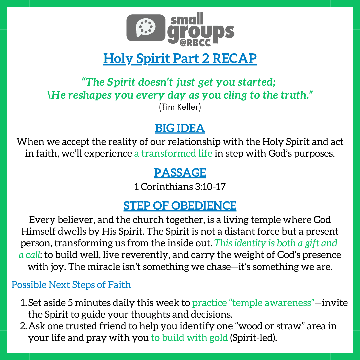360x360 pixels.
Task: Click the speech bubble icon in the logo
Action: pyautogui.click(x=146, y=28)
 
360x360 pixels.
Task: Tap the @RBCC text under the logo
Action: pyautogui.click(x=195, y=43)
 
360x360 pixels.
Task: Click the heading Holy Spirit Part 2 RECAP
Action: pyautogui.click(x=180, y=58)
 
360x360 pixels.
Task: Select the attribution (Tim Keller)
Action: pyautogui.click(x=180, y=107)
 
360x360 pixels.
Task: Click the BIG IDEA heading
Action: pyautogui.click(x=180, y=128)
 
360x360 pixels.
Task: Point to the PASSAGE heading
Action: pyautogui.click(x=180, y=173)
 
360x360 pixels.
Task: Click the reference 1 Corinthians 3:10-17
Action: pyautogui.click(x=180, y=187)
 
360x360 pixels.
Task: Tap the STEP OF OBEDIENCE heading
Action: pyautogui.click(x=180, y=205)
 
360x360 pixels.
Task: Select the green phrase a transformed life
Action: pyautogui.click(x=173, y=153)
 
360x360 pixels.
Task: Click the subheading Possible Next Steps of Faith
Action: pyautogui.click(x=71, y=285)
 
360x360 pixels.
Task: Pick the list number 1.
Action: pyautogui.click(x=23, y=303)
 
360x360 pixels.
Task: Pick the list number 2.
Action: pyautogui.click(x=23, y=326)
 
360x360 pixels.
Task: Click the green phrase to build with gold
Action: pyautogui.click(x=189, y=338)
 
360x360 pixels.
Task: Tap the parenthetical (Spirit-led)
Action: pyautogui.click(x=253, y=338)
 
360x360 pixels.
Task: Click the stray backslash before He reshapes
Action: pyautogui.click(x=49, y=95)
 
